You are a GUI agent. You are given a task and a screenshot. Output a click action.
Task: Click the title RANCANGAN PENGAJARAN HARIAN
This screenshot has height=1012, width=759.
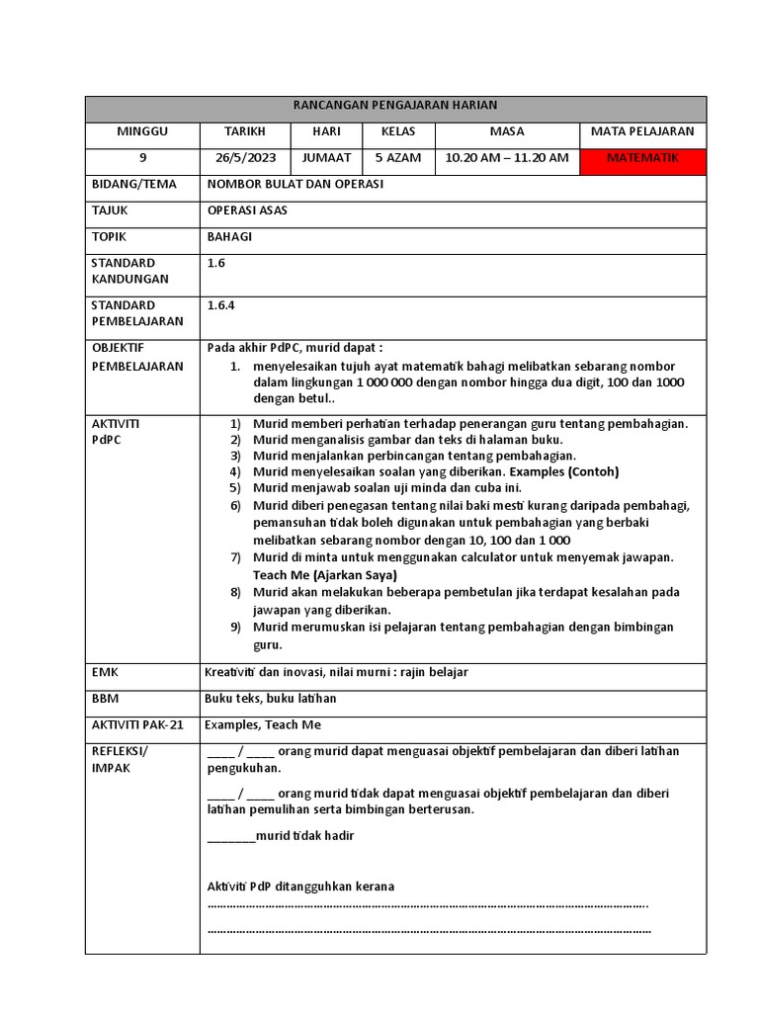395,105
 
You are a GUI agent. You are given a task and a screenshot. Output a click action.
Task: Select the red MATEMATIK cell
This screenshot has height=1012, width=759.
642,158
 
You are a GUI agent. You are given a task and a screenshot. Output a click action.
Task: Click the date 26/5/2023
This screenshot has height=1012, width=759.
245,158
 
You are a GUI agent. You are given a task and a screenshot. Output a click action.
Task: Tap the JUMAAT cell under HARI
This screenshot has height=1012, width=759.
326,158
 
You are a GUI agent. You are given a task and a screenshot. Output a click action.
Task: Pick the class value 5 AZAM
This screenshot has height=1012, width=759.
397,158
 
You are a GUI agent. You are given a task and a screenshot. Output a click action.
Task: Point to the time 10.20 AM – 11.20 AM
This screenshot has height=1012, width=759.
507,158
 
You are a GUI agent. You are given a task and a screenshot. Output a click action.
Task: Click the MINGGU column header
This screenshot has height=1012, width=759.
142,131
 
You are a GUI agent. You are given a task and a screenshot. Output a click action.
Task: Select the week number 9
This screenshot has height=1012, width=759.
142,158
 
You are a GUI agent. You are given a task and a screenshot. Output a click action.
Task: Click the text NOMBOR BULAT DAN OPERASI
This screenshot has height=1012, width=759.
295,185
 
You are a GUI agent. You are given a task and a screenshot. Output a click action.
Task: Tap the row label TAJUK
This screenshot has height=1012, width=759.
110,211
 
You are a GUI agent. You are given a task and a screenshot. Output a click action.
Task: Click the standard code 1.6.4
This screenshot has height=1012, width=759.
220,305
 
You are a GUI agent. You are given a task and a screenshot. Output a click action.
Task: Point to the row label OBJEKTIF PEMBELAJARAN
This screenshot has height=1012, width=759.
137,357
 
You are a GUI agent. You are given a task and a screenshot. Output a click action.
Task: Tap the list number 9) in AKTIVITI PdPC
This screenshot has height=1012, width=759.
235,628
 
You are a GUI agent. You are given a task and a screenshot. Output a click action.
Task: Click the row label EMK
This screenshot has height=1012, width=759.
105,672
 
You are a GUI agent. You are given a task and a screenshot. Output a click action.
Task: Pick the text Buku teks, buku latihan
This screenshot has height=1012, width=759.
270,699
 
